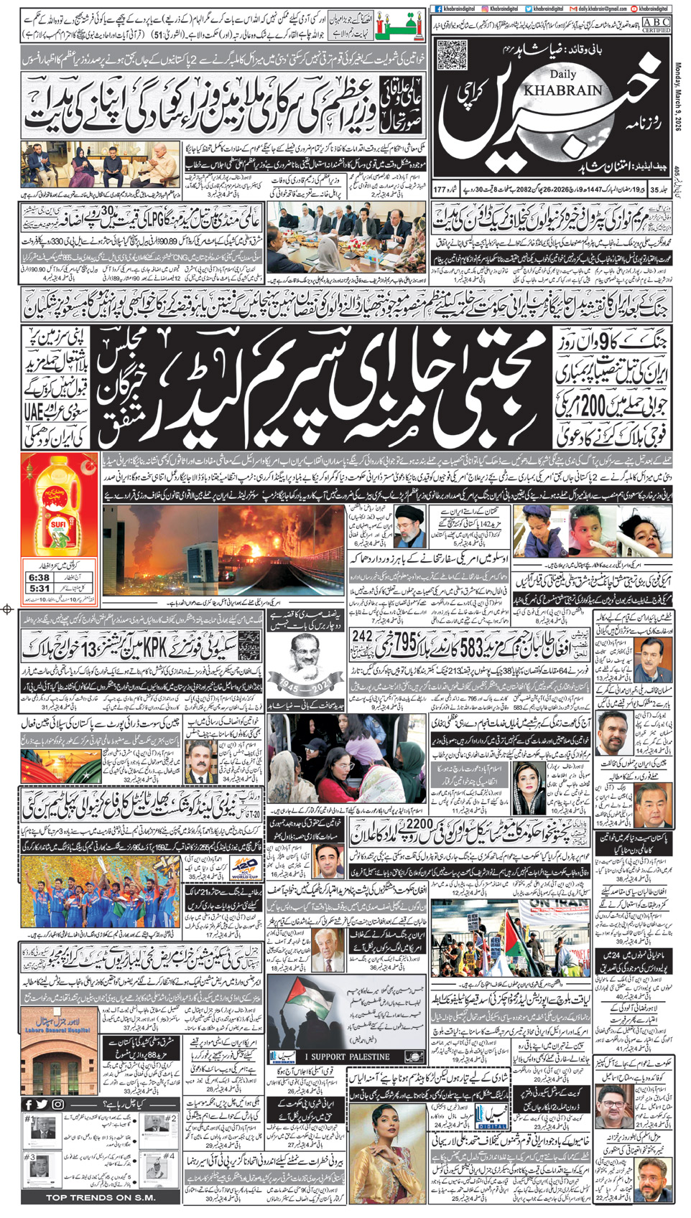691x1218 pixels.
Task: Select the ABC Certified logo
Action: pyautogui.click(x=656, y=25)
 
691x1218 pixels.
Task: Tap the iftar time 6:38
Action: pyautogui.click(x=40, y=577)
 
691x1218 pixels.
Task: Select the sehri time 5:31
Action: pyautogui.click(x=40, y=589)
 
